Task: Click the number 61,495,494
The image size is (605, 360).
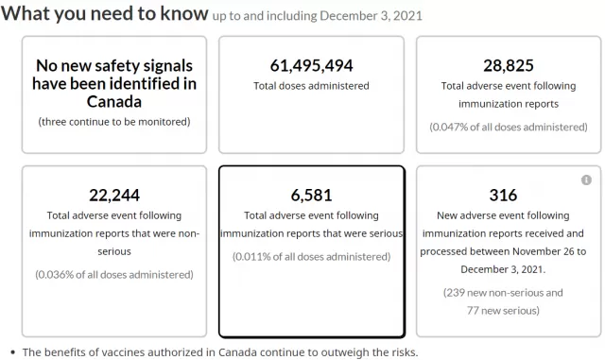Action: (311, 65)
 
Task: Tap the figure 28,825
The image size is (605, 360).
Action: (509, 65)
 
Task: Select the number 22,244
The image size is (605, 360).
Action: (114, 196)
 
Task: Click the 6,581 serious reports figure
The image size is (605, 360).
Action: (311, 196)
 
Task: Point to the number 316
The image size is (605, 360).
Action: (503, 196)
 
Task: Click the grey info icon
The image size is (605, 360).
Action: (586, 180)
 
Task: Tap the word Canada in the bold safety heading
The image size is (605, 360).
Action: (114, 102)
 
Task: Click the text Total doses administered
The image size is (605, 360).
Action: (311, 86)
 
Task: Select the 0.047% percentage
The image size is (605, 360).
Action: (450, 127)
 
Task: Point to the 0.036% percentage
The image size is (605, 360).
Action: (56, 275)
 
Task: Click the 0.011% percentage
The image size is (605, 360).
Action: (252, 257)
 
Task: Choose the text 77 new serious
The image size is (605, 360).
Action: (501, 311)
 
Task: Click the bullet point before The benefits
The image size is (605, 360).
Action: (13, 352)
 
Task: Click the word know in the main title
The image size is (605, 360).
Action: (184, 13)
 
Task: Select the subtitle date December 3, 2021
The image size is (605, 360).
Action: (372, 16)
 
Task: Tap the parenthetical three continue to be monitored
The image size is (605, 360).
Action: (114, 122)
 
